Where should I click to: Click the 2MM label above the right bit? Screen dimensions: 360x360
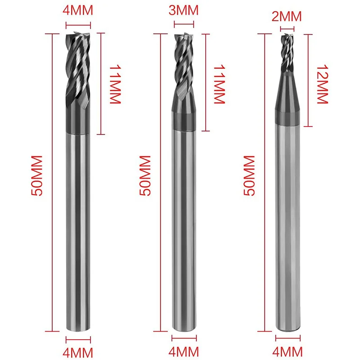click(x=287, y=17)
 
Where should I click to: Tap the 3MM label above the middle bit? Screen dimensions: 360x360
click(x=184, y=10)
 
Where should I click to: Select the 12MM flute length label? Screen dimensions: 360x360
click(x=322, y=84)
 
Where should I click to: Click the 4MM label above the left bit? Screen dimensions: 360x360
click(x=78, y=10)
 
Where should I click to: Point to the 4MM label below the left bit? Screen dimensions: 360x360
click(x=78, y=353)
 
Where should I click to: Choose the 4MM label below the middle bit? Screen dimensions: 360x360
click(x=184, y=352)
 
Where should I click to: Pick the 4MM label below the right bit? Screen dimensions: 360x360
click(x=288, y=352)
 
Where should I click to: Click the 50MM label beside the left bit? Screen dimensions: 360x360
click(x=37, y=175)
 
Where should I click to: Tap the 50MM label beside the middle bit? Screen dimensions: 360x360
click(x=145, y=175)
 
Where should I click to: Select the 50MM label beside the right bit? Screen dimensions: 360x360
click(x=249, y=175)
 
